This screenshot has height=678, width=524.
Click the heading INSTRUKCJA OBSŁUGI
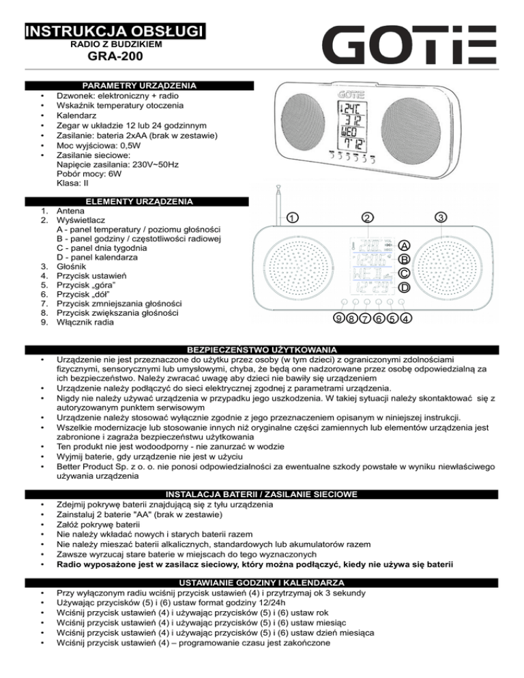115,31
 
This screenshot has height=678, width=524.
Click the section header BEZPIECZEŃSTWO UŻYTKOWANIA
262,348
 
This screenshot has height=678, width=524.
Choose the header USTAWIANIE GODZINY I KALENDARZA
262,583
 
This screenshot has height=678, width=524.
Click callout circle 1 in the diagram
291,218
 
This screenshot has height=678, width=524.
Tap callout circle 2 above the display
366,218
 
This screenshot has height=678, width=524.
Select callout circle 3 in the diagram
441,218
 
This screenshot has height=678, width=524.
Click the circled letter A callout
405,246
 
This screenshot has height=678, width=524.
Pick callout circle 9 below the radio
338,318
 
